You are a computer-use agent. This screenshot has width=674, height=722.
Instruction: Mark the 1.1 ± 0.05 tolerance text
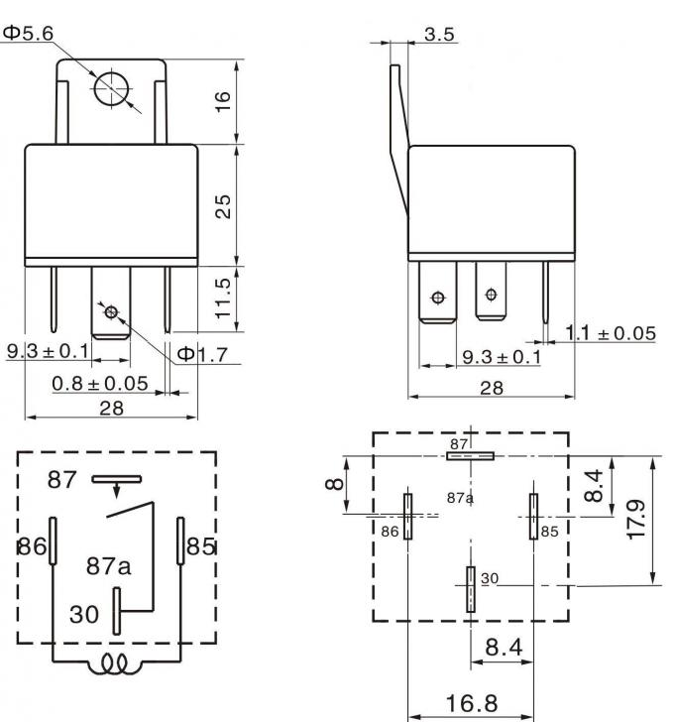click(x=611, y=333)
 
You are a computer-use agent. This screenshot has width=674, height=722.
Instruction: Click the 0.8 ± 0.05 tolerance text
click(x=99, y=383)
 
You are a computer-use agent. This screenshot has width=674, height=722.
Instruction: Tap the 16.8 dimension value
click(x=470, y=703)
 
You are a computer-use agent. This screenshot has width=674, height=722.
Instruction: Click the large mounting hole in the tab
click(x=110, y=87)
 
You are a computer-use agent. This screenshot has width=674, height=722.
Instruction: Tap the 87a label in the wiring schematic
click(x=108, y=566)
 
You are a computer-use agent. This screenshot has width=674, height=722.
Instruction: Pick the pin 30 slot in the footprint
click(x=471, y=589)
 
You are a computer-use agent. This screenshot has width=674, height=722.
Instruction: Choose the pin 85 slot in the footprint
click(x=533, y=516)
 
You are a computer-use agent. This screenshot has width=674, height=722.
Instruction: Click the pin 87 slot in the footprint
click(x=470, y=456)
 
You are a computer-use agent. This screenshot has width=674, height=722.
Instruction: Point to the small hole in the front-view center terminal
click(x=110, y=312)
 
